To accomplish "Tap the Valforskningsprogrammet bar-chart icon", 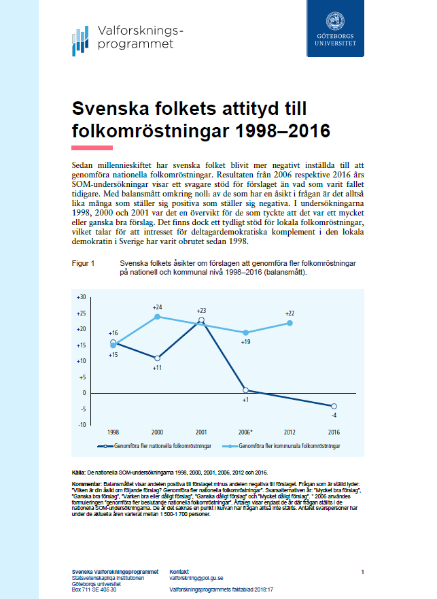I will click(80, 40).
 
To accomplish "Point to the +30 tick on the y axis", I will click(81, 297).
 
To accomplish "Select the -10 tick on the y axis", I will click(82, 424).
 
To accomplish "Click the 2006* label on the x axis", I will click(245, 432).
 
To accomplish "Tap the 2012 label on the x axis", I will click(290, 432).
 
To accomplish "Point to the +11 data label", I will click(156, 367).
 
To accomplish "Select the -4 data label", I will click(334, 415).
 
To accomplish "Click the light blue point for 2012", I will click(290, 323).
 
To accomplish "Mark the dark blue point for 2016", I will click(334, 406).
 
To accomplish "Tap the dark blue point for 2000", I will click(157, 358).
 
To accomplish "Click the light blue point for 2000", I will click(157, 316).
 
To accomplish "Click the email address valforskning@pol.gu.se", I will click(196, 577).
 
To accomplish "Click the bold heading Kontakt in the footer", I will click(179, 571).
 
